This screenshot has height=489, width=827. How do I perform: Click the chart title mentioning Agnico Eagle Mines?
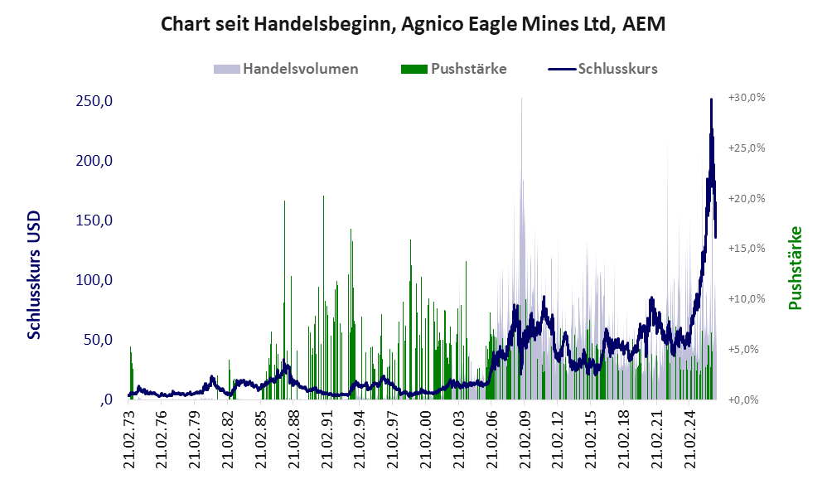[413, 24]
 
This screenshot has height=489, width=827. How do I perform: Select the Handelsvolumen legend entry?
[286, 69]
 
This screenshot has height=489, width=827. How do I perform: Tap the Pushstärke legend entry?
[453, 69]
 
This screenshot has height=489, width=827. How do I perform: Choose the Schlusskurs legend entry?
[602, 69]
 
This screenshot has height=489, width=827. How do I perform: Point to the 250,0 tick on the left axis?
[94, 101]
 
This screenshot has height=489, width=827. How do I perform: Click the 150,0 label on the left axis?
[94, 220]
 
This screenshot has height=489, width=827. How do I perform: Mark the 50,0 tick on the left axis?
[99, 340]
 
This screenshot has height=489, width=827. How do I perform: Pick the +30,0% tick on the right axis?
[747, 98]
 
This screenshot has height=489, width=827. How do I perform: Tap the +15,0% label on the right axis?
[747, 249]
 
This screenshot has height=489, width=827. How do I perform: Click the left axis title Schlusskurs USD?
[34, 275]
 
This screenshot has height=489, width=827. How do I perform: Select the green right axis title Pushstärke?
[795, 268]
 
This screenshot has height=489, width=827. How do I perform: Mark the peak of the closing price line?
[711, 99]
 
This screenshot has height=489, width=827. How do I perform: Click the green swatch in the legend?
[414, 69]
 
